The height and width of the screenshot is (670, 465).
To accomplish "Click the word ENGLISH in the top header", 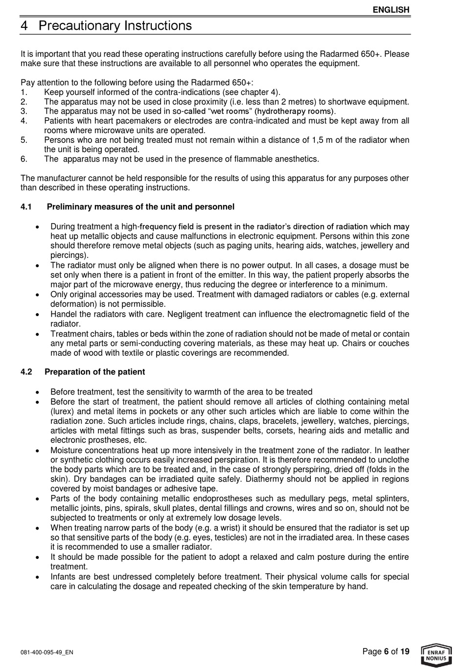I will pos(391,10).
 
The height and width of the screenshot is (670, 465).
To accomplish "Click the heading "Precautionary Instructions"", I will pos(115,25).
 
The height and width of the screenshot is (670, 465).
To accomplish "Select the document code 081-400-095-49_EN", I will pos(47,652).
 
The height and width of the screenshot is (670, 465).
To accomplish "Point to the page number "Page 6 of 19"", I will pos(386,651).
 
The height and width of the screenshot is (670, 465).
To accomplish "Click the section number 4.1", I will pos(26,207).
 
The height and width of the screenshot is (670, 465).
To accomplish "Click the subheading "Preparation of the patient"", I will pos(94,372).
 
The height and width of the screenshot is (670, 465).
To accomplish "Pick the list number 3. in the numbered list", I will pos(24,111).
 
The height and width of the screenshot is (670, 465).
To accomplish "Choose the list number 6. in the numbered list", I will pos(24,159).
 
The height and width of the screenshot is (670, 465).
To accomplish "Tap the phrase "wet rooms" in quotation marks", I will pos(230,111).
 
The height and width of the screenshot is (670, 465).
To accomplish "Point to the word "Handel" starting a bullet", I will pos(63,314).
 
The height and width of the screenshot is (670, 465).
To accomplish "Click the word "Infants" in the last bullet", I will pos(64,577).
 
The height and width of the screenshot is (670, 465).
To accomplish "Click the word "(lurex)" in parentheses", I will pos(63,412).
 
